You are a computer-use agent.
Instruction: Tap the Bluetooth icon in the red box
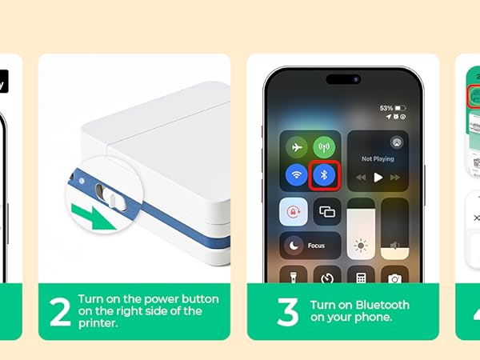point(325,174)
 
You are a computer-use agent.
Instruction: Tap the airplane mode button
point(297,148)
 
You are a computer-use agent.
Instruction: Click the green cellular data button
point(324,148)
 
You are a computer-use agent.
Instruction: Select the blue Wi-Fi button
point(297,174)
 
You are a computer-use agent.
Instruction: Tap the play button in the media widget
point(378,177)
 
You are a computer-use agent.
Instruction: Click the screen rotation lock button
point(294,212)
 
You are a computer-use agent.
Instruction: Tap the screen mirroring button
point(327,212)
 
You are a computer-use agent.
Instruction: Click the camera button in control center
point(394,278)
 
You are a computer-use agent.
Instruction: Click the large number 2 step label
point(60,313)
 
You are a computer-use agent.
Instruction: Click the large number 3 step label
point(287,313)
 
